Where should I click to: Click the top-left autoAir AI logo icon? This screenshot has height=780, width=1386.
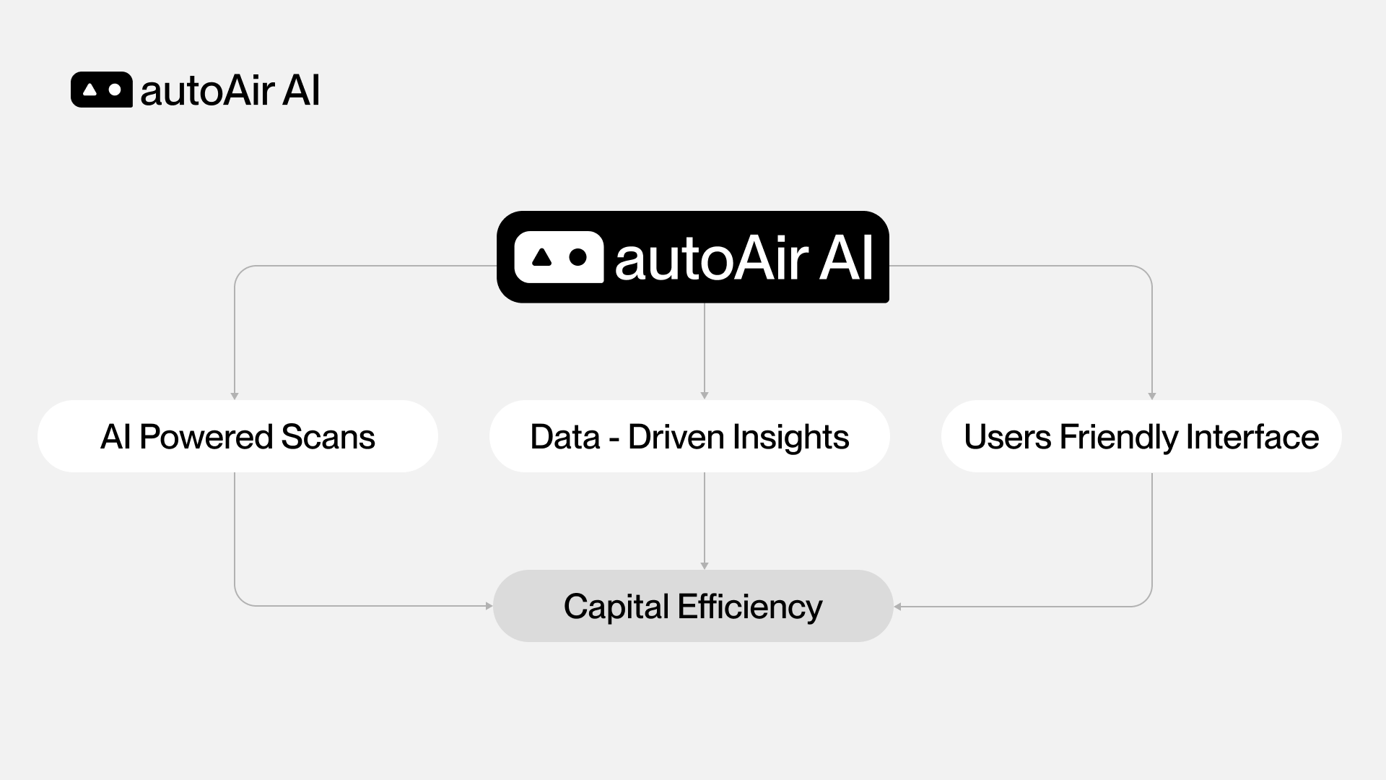tap(102, 90)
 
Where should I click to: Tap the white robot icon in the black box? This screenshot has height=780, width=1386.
tap(559, 257)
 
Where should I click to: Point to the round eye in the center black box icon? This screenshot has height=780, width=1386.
tap(577, 256)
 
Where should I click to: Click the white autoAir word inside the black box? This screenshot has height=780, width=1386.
tap(711, 258)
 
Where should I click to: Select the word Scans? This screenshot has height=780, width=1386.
tap(328, 437)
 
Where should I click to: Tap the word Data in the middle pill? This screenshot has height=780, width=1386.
tap(565, 437)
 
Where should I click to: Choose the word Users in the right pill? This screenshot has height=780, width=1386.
tap(1007, 437)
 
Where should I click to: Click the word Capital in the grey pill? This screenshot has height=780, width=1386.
tap(616, 607)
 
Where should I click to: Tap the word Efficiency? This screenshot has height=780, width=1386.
tap(750, 607)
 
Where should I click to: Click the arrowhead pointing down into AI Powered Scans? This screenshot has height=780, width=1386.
tap(235, 396)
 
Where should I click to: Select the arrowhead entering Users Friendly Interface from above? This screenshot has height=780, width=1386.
tap(1152, 396)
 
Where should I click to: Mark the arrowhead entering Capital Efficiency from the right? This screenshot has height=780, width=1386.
tap(897, 607)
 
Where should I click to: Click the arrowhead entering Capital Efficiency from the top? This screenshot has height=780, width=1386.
tap(705, 565)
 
